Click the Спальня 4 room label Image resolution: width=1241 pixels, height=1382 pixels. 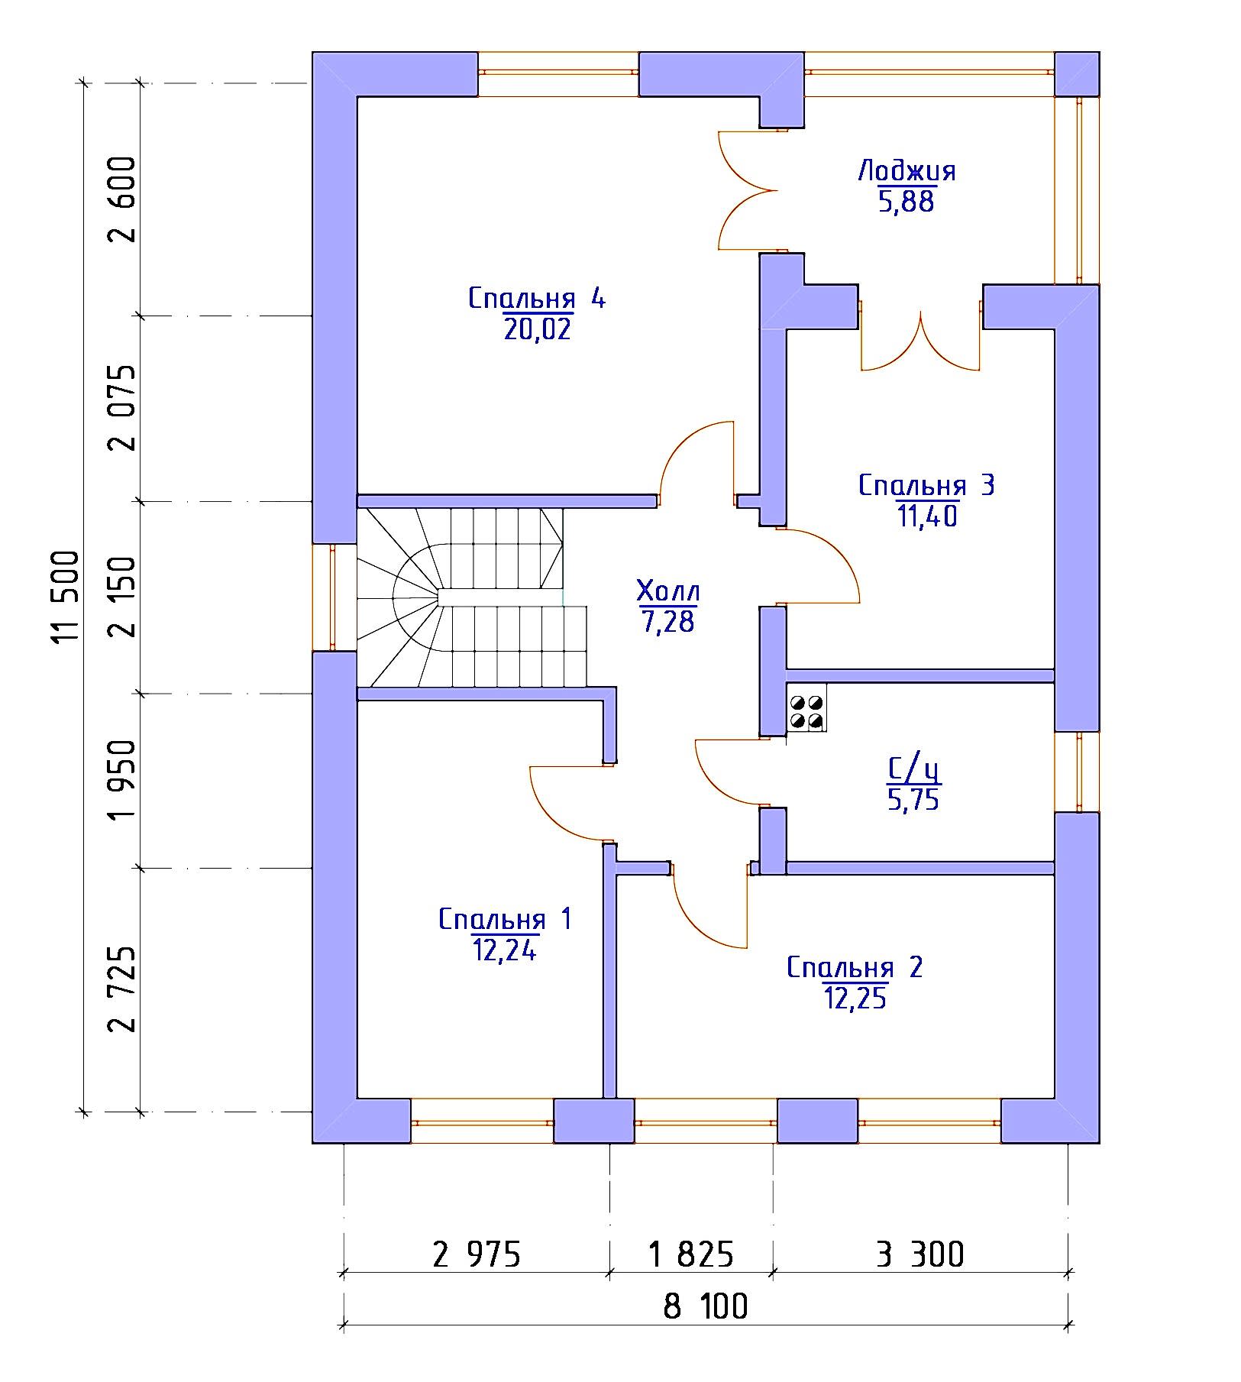pos(537,298)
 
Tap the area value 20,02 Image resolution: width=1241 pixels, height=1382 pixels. pos(537,329)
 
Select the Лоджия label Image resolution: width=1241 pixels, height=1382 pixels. pos(907,170)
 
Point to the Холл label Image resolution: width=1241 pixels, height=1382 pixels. pos(668,591)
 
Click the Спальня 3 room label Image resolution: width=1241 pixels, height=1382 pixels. pos(926,485)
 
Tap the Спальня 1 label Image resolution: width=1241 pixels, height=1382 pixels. pos(505,919)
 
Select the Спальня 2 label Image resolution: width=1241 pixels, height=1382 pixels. pos(855,967)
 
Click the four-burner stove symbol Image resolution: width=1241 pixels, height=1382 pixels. pos(806,711)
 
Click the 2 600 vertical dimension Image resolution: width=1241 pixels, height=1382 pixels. pos(122,199)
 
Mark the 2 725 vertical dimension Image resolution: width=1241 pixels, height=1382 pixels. pos(122,989)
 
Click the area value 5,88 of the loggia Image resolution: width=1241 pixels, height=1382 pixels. pos(907,202)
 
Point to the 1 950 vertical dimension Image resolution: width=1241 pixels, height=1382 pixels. pos(122,780)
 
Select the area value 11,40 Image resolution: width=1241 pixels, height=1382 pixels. pos(926,516)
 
